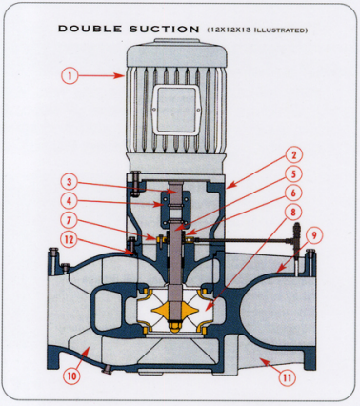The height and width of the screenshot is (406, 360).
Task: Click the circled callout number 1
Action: [70, 75]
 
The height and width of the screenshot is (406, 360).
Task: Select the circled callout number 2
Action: [293, 155]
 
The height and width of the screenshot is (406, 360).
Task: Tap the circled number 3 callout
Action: [70, 182]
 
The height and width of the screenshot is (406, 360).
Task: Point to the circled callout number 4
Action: [70, 201]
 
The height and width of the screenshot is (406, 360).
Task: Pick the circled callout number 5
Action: [293, 173]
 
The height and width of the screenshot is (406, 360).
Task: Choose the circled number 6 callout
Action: [293, 193]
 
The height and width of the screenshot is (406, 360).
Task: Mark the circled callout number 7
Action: [70, 220]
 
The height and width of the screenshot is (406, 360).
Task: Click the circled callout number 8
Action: [293, 212]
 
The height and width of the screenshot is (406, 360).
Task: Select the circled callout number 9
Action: [314, 235]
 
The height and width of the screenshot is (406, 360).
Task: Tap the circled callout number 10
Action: [72, 376]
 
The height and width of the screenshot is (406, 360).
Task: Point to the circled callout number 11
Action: [288, 377]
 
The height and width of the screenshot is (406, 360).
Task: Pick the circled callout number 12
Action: [70, 240]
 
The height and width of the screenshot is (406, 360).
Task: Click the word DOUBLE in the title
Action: [90, 29]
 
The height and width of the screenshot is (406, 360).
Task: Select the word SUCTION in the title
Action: [164, 29]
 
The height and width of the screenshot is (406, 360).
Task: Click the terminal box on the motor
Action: [177, 109]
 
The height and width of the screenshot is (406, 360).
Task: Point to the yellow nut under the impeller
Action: [175, 327]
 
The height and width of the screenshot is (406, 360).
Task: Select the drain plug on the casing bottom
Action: [107, 369]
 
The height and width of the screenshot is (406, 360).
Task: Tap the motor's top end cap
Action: [177, 55]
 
